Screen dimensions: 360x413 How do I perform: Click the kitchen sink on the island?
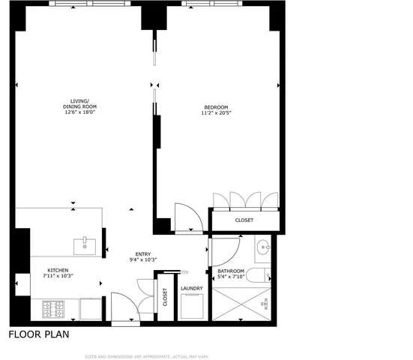84,244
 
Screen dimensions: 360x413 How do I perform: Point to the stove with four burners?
54,308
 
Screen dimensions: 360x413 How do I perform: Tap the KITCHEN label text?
59,269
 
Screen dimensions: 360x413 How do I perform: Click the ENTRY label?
143,253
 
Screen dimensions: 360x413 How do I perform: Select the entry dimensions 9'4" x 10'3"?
143,260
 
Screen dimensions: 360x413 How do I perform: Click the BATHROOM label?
229,271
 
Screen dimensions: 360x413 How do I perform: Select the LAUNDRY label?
192,288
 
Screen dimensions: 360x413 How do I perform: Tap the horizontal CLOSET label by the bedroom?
244,220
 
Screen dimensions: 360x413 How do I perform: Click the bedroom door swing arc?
186,217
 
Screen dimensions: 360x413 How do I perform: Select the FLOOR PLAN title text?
39,335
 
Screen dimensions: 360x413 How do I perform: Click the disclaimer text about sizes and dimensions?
146,355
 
